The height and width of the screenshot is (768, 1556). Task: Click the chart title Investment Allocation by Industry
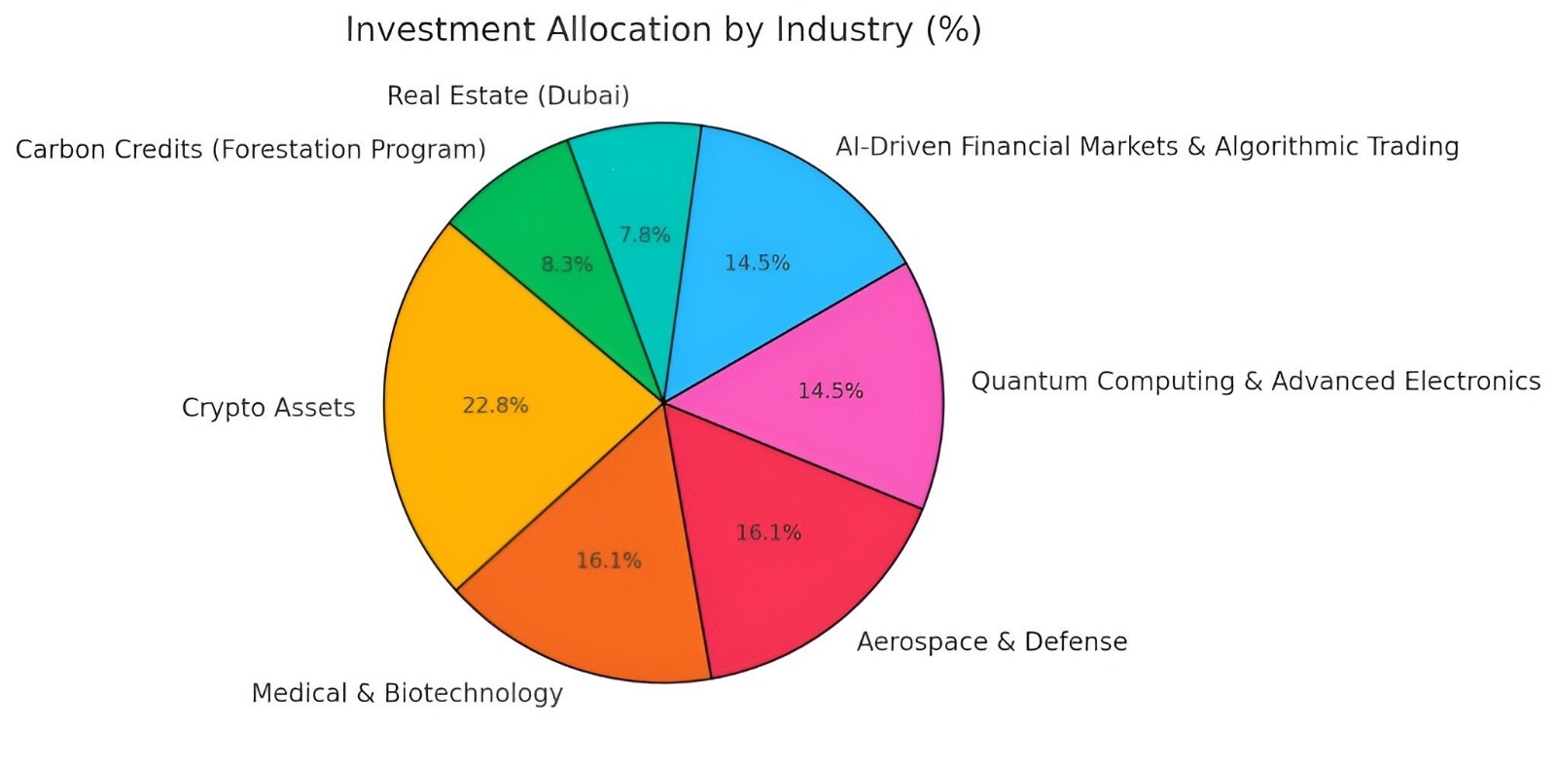point(663,30)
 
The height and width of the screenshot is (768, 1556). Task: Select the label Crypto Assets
point(268,408)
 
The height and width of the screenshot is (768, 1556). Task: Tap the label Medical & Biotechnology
point(407,693)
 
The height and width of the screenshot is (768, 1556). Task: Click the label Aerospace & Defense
point(992,642)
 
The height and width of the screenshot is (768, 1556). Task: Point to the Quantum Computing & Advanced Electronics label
point(1255,381)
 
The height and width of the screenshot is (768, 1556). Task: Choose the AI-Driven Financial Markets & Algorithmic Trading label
point(1148,147)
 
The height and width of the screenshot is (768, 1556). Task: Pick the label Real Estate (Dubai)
point(508,95)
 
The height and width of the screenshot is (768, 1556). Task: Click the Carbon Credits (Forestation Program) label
point(251,150)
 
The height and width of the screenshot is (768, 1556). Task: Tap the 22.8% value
point(495,406)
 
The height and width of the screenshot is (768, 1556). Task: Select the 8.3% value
point(567,264)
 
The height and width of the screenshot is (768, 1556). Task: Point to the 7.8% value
point(645,235)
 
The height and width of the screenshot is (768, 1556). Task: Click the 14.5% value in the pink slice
point(831,391)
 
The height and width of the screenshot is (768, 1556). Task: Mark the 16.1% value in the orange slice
point(609,561)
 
